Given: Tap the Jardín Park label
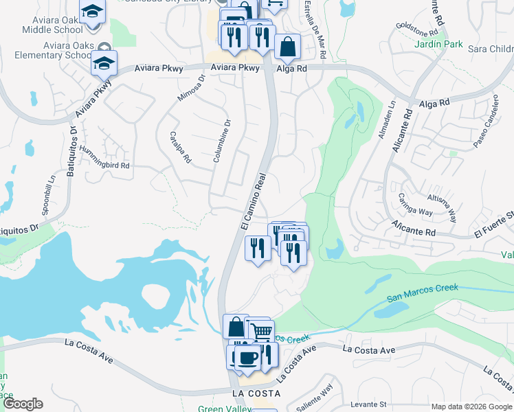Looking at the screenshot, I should coord(438,44).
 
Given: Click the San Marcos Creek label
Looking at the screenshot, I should coord(422,293).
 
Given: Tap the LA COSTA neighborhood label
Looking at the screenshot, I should coord(256,393).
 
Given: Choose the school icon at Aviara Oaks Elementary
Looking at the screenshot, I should coord(104,62).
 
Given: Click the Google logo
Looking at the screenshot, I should coord(23,404).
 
